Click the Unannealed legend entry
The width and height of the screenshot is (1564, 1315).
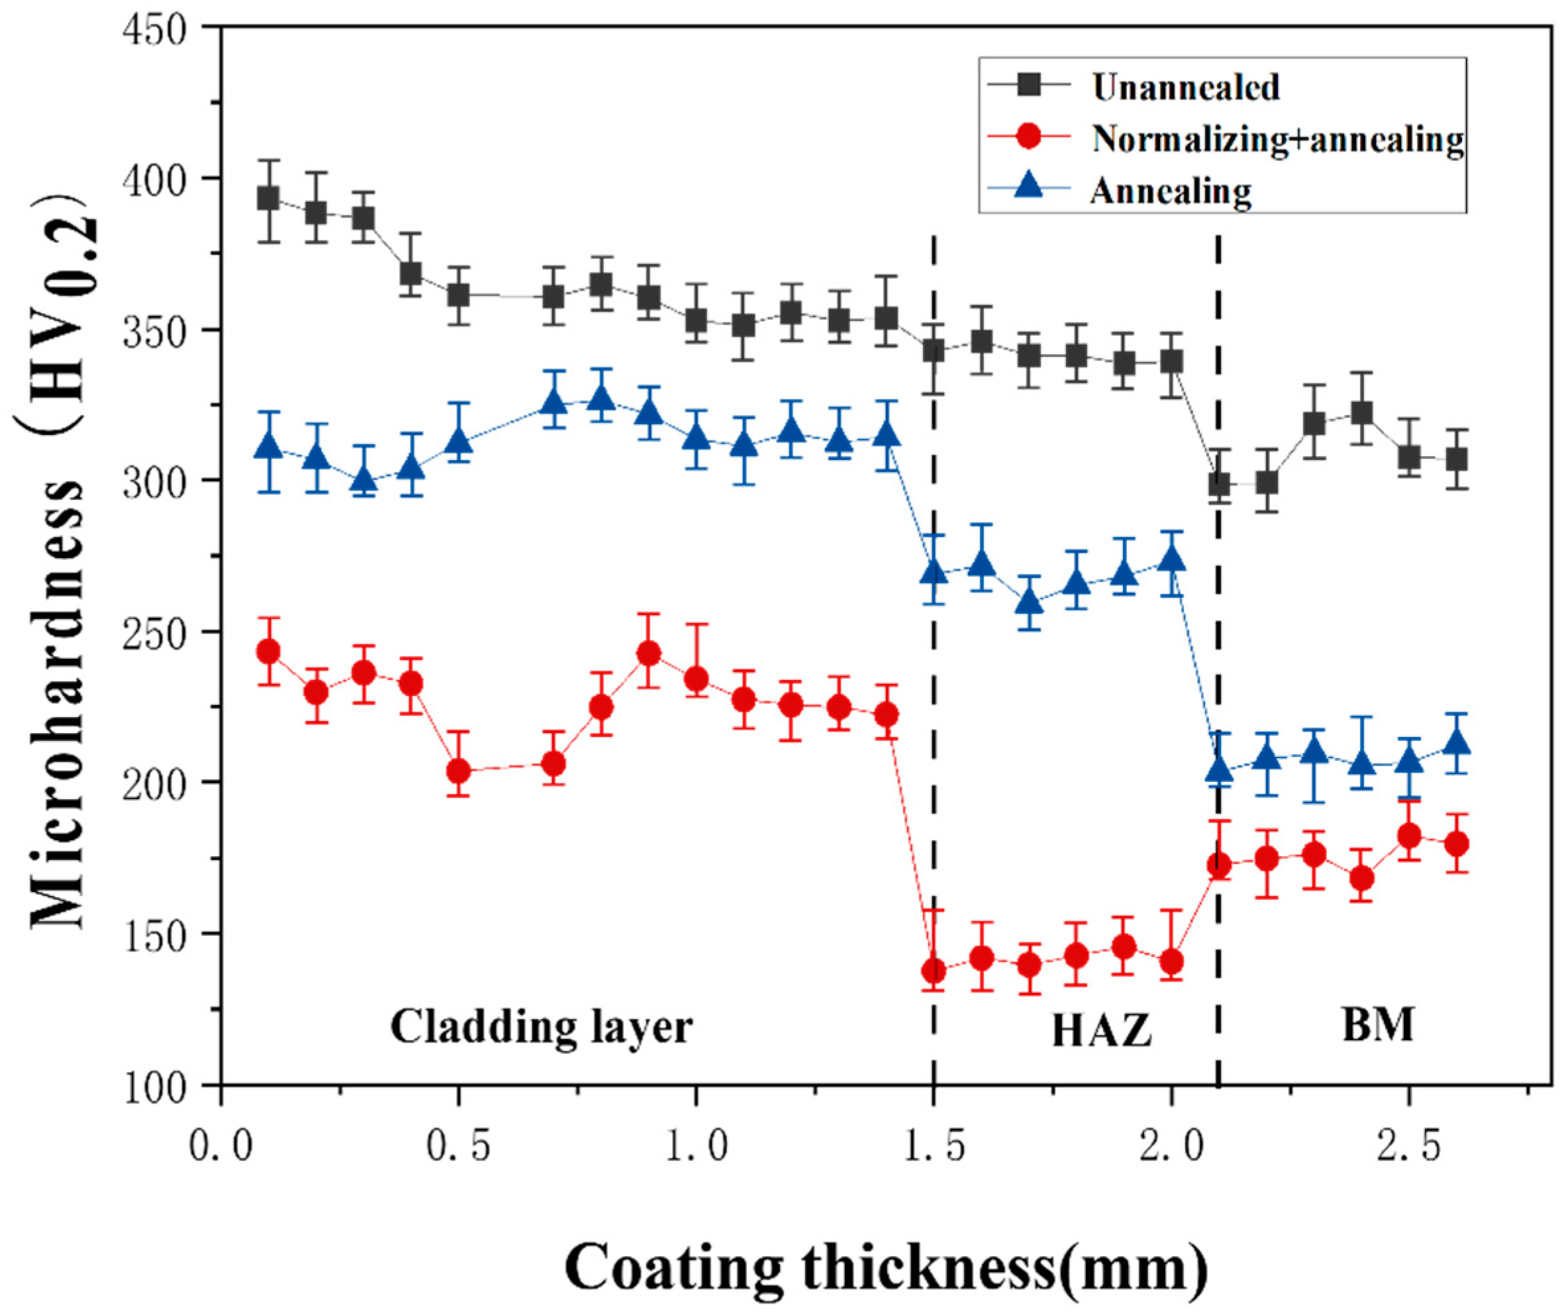pos(1185,87)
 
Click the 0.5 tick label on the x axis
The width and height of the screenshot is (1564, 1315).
pos(458,1147)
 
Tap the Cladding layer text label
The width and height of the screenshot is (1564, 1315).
pos(541,1027)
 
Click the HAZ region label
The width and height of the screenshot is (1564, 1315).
pos(1101,1032)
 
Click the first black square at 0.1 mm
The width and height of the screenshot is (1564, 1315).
pos(268,199)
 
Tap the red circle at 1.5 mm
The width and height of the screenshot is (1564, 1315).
pos(934,971)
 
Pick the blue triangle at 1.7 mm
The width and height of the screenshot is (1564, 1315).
pos(1029,600)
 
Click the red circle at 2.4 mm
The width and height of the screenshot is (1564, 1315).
pos(1361,878)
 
